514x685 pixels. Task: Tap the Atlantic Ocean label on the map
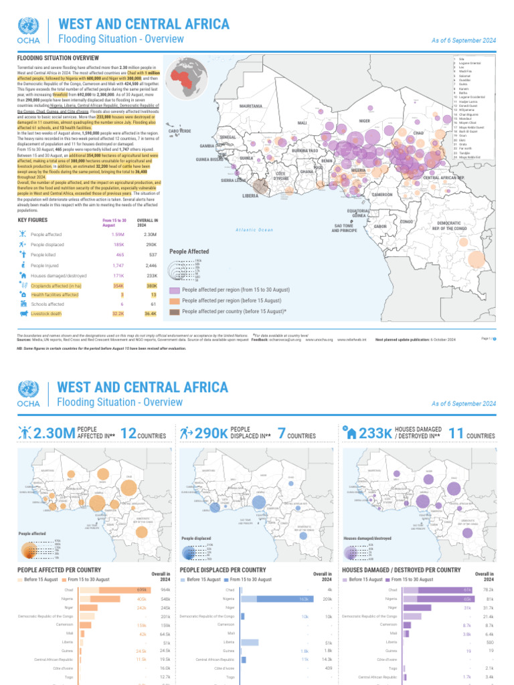[255, 230]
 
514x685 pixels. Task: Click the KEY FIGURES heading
[32, 220]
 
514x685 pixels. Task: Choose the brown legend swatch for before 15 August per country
[174, 311]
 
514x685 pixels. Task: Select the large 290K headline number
[211, 434]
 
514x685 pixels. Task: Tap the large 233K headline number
[375, 434]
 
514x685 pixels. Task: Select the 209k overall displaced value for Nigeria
[327, 599]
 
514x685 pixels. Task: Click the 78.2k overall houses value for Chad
[489, 590]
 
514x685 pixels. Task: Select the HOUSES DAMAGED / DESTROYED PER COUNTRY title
[401, 569]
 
